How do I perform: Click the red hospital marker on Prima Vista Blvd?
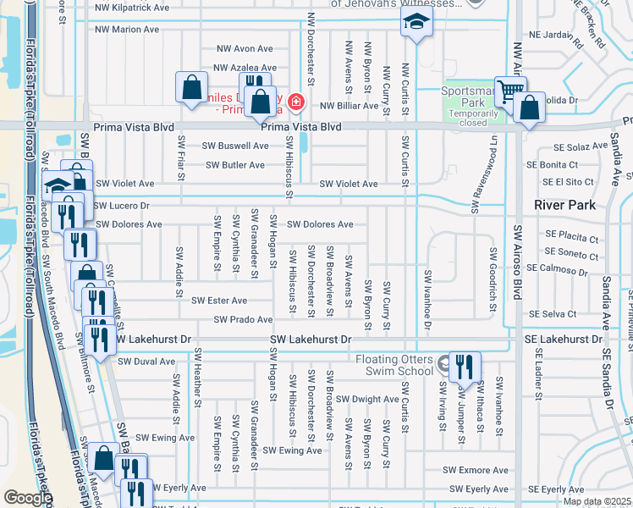295,103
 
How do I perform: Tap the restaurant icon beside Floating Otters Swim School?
465,366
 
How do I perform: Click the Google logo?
27,498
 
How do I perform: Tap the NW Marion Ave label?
127,29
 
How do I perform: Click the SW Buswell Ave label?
235,146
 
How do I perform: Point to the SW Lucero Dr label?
121,206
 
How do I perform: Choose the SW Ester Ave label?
219,301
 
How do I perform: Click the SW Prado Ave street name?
243,320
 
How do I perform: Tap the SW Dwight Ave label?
367,399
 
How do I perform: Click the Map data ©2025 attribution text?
597,501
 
